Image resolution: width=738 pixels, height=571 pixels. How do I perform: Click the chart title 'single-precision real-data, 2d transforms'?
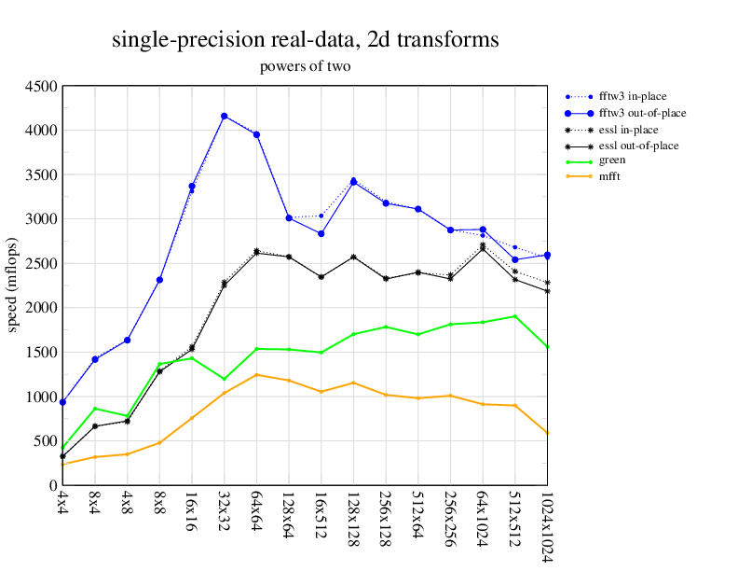(305, 40)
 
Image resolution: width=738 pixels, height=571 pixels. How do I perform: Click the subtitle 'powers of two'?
(305, 66)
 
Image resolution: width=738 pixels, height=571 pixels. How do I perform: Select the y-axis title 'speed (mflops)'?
(13, 285)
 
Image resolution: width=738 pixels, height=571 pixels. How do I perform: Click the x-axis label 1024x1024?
(547, 526)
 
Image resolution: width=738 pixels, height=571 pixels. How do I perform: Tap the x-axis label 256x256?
(450, 516)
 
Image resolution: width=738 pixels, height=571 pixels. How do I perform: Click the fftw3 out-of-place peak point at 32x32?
(224, 117)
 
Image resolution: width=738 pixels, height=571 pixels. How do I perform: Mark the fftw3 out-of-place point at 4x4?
(62, 402)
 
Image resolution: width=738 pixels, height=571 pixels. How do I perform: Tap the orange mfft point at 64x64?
(256, 375)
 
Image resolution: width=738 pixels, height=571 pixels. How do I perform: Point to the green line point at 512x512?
(514, 316)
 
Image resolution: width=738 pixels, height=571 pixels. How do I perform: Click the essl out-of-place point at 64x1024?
(483, 249)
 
